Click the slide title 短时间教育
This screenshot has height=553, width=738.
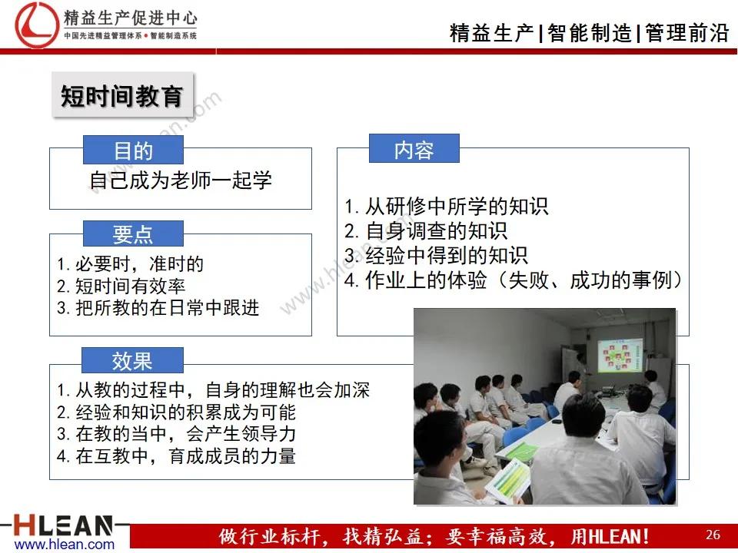[121, 97]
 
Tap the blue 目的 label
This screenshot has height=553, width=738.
[133, 151]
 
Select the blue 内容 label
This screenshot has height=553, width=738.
[414, 150]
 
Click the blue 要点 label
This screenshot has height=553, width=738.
[133, 234]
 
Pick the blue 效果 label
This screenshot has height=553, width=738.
[132, 360]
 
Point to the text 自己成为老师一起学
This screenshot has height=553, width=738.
[181, 180]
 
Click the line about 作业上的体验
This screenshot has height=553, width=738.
[514, 280]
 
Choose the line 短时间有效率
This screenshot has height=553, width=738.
[121, 286]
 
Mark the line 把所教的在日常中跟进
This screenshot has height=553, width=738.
[158, 309]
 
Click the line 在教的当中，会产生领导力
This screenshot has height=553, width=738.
[176, 434]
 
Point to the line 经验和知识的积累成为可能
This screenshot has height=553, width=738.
[176, 412]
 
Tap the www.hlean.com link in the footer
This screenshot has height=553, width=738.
[65, 545]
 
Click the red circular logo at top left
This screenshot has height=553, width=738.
[34, 23]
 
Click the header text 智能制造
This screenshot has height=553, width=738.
[590, 34]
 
